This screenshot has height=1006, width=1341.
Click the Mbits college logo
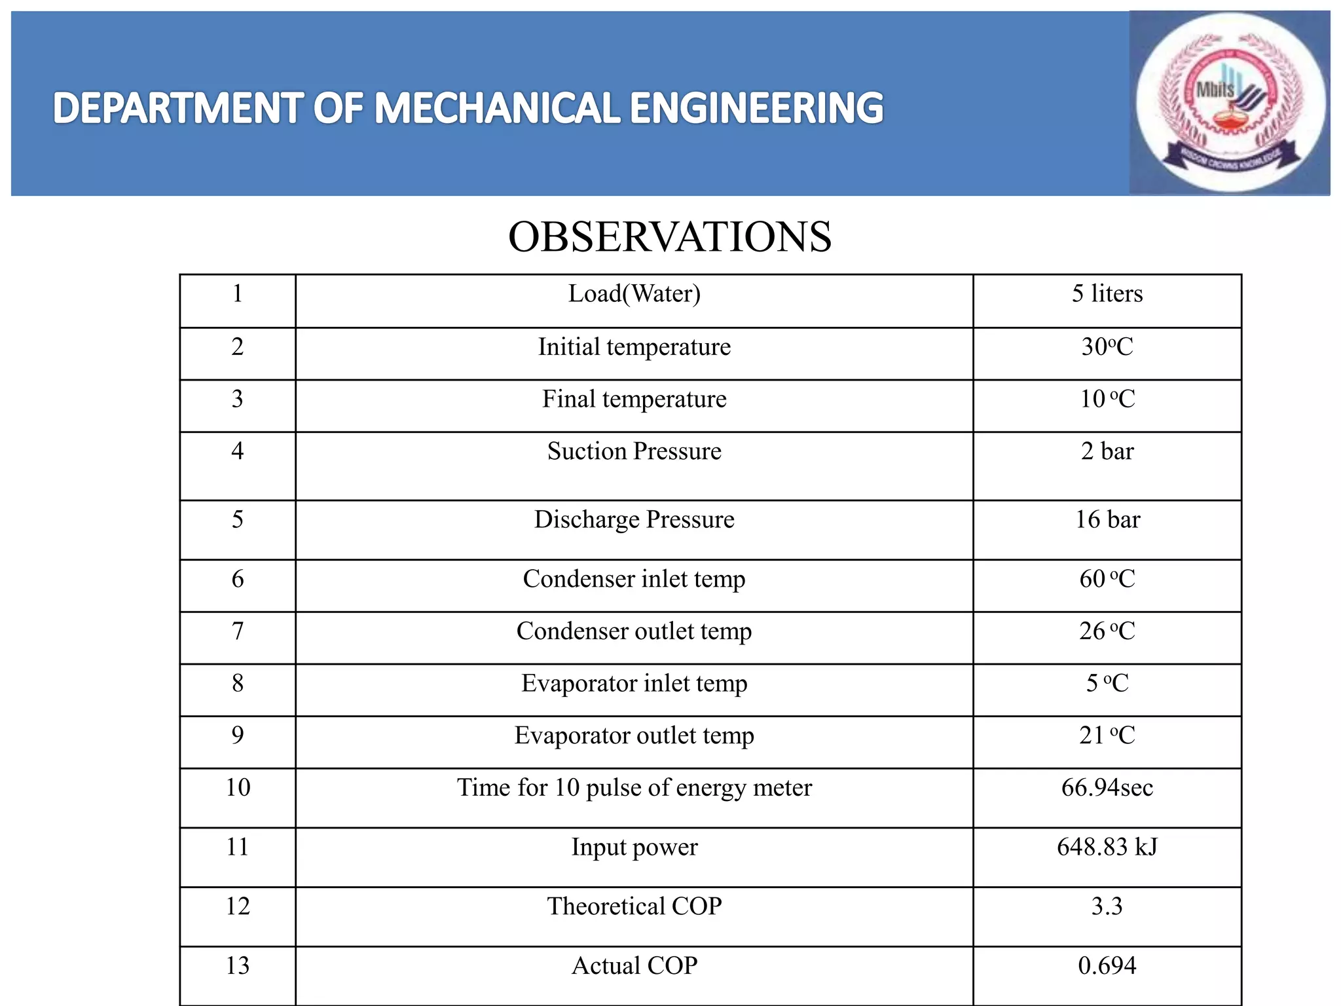tap(1230, 103)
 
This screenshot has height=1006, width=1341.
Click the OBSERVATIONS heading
tap(670, 236)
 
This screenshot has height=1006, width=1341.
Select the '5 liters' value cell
tap(1107, 294)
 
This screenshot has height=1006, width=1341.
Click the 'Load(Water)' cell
tap(634, 294)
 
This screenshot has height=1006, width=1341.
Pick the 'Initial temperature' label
tap(634, 347)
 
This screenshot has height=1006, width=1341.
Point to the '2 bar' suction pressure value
tap(1107, 451)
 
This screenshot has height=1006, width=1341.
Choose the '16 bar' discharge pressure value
tap(1107, 520)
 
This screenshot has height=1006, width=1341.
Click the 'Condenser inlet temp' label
tap(634, 579)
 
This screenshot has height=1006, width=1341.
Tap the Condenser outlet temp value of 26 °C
tap(1107, 631)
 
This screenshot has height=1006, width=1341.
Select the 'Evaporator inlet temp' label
tap(634, 684)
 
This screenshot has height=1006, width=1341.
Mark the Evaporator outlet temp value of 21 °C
tap(1107, 736)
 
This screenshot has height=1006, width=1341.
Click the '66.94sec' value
tap(1107, 788)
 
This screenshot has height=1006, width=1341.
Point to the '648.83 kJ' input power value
tap(1107, 848)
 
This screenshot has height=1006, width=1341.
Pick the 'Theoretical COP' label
tap(634, 906)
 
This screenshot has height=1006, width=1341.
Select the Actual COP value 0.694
tap(1107, 966)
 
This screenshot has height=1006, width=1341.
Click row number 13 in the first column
tap(238, 966)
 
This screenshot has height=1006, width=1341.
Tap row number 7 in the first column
tap(238, 631)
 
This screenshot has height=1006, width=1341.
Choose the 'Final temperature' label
tap(634, 400)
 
